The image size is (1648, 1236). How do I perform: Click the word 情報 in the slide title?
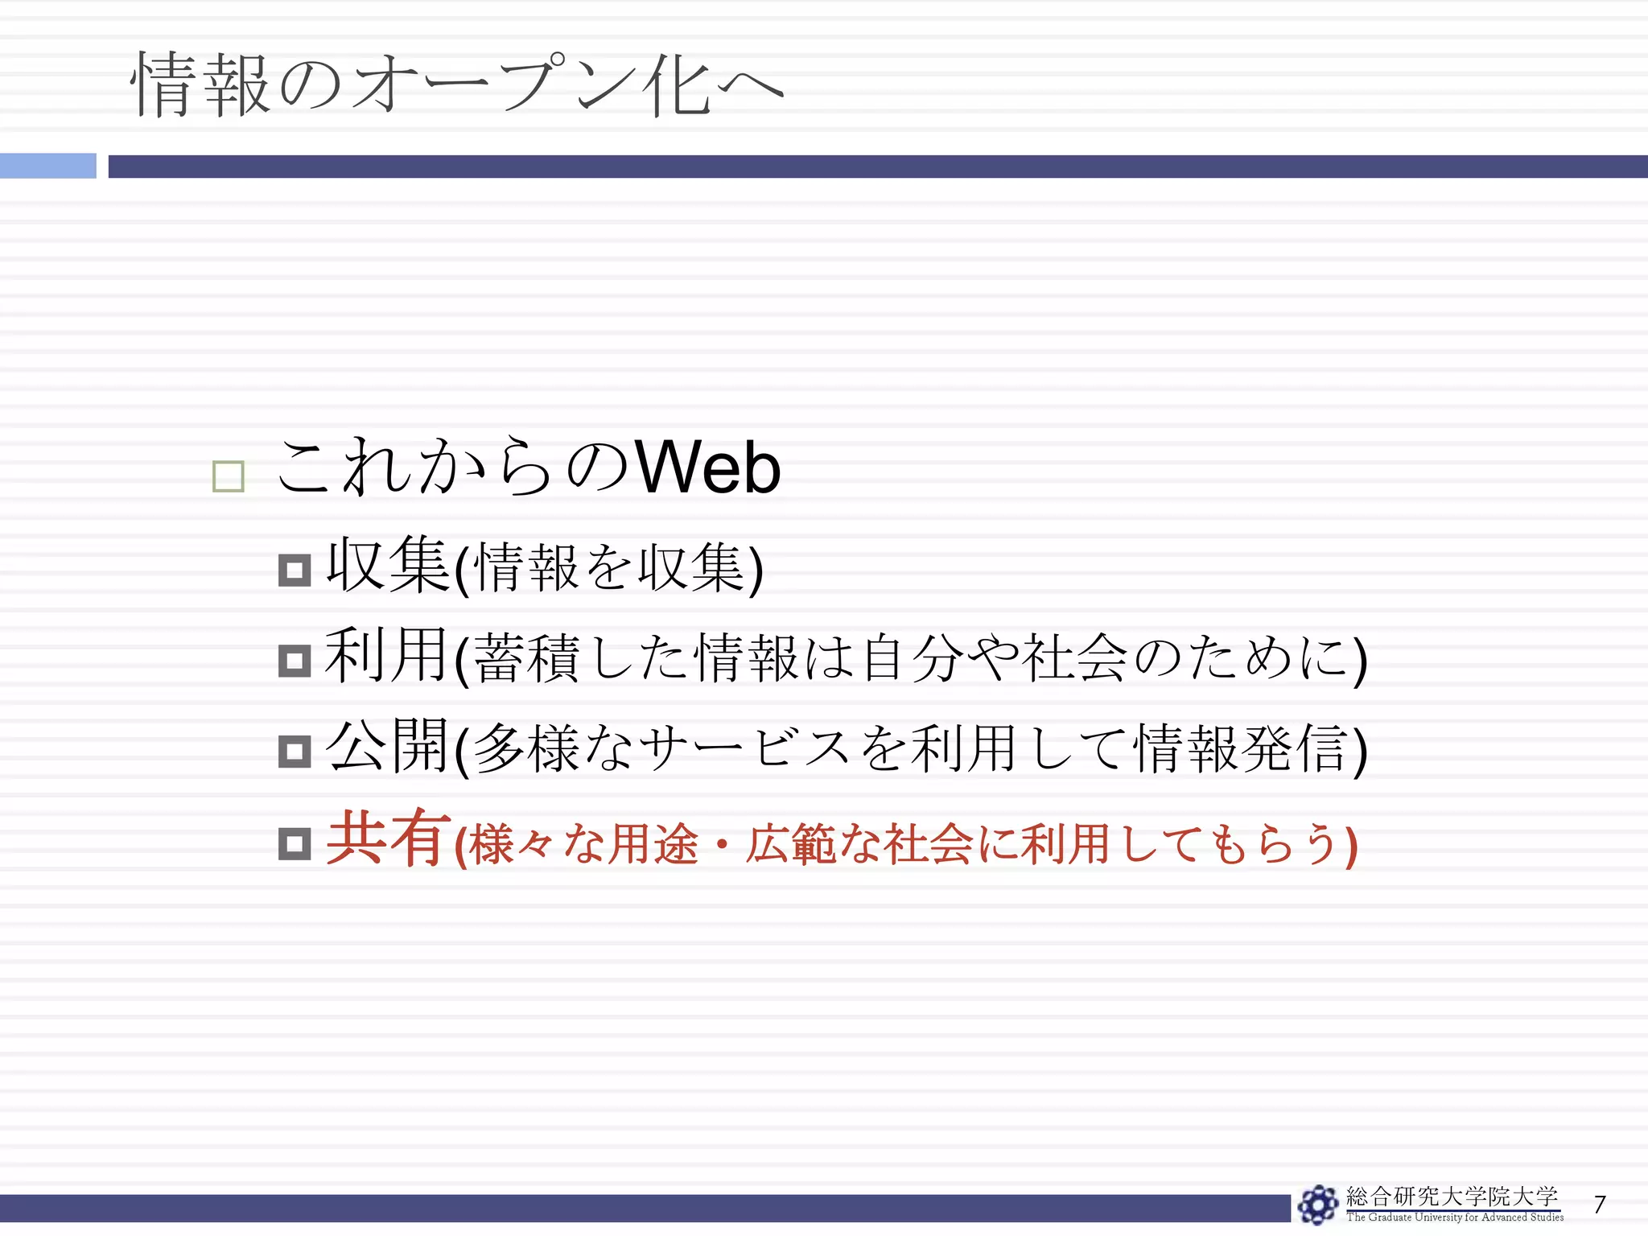[201, 84]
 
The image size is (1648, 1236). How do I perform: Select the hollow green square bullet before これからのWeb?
[228, 476]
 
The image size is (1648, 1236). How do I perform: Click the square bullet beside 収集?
[295, 571]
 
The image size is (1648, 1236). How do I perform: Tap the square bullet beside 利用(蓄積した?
[295, 661]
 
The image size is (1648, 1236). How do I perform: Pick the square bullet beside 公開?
[295, 752]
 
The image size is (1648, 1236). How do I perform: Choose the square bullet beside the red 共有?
[295, 843]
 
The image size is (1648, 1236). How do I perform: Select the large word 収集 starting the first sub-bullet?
[387, 566]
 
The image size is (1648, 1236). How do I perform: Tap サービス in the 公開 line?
[744, 748]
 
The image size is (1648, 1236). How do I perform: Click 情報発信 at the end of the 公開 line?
[1239, 748]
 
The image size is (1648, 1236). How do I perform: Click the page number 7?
[1600, 1204]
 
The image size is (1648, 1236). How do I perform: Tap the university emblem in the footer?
[1318, 1205]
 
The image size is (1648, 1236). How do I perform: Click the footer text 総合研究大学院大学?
[1452, 1197]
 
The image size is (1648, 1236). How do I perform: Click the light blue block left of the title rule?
[47, 166]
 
